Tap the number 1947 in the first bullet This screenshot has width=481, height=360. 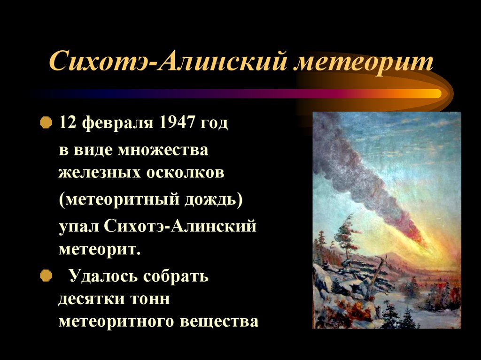pos(177,123)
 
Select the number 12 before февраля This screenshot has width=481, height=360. pos(67,123)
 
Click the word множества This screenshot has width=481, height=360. pos(163,150)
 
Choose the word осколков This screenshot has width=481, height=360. pos(185,172)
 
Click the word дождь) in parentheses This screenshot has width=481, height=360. pos(214,200)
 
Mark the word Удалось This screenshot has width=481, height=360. pos(103,276)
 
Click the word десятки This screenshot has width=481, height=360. pos(92,299)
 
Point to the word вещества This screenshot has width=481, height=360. pos(219,322)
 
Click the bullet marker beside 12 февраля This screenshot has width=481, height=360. pos(46,123)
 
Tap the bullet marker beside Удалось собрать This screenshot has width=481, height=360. pos(46,276)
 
